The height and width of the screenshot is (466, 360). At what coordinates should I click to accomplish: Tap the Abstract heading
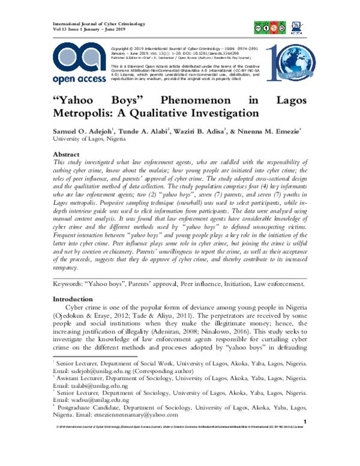67,154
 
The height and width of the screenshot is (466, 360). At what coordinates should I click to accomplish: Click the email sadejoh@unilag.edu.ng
100,371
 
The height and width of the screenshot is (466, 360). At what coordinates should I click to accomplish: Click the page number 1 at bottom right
306,422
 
